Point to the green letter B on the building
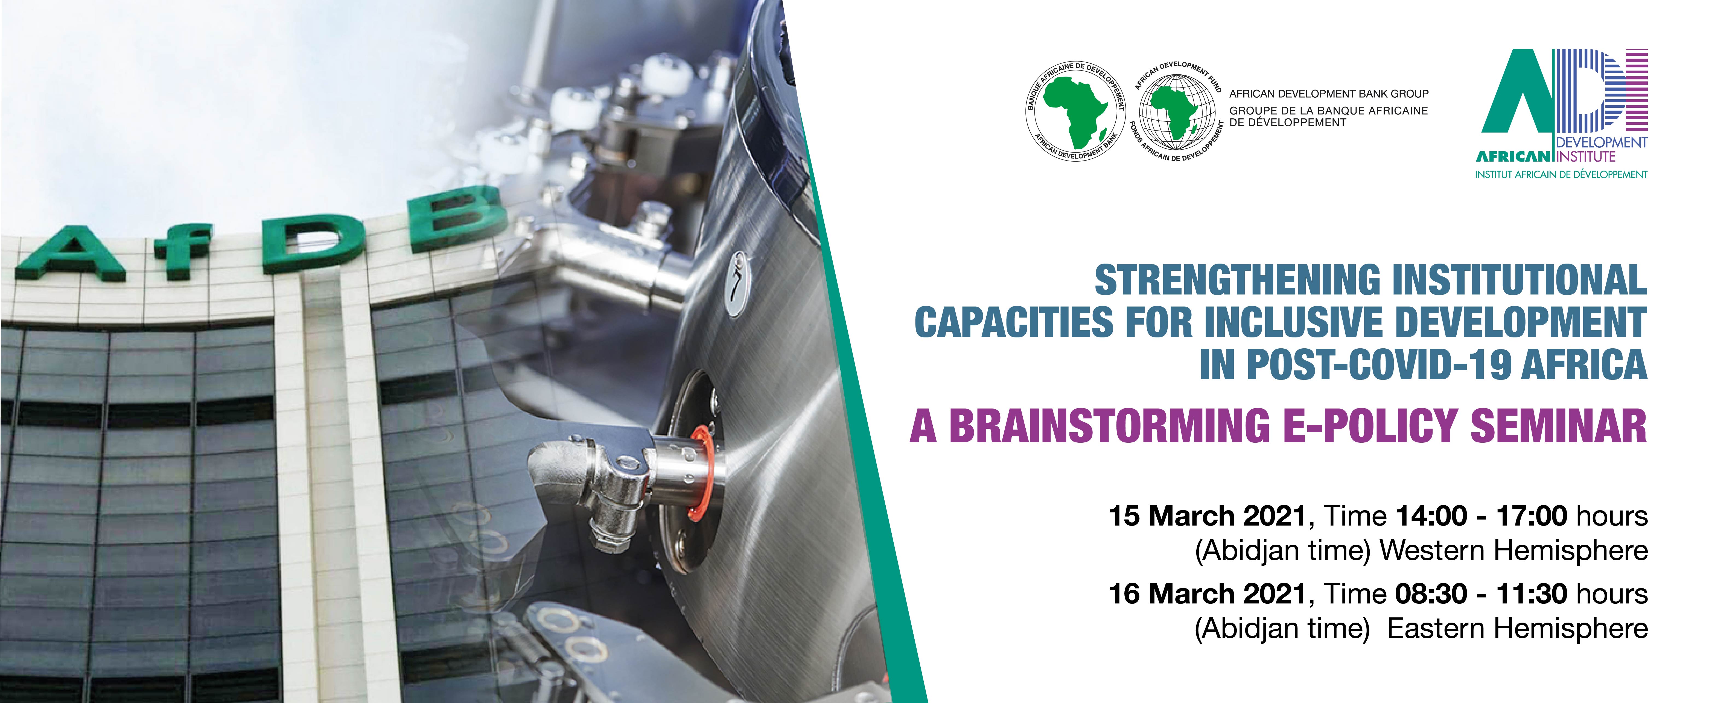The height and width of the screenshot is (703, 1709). [x=458, y=219]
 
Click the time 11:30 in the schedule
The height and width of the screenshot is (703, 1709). [x=1533, y=594]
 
